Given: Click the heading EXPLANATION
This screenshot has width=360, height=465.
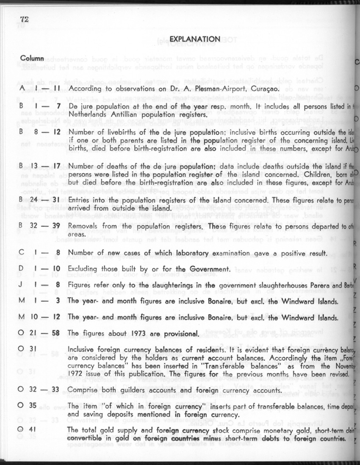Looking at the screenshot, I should point(194,39).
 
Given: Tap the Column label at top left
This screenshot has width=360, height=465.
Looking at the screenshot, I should point(32,57).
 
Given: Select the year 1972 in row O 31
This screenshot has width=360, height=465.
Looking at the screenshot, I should point(76,375).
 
